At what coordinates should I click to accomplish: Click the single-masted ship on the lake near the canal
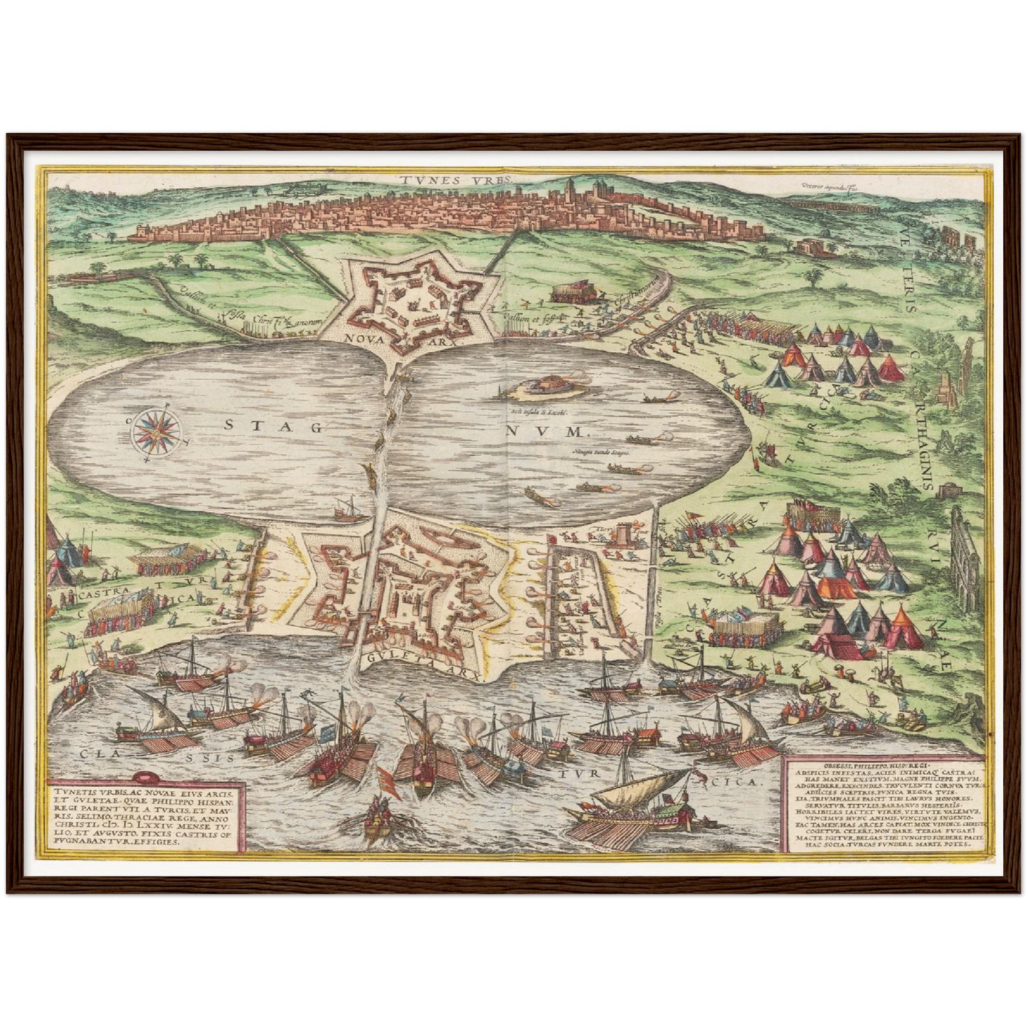[x=345, y=507]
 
